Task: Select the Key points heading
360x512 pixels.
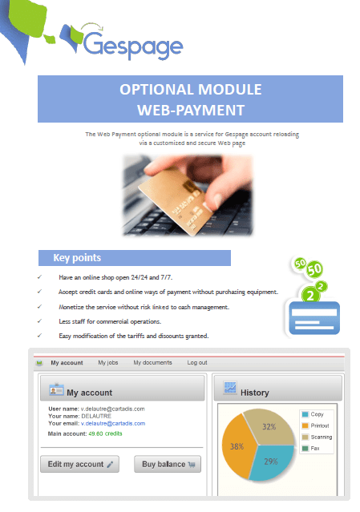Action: pyautogui.click(x=77, y=258)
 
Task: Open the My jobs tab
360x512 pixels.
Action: pyautogui.click(x=107, y=363)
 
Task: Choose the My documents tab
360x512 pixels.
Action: pyautogui.click(x=152, y=363)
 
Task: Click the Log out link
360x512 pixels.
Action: pyautogui.click(x=197, y=363)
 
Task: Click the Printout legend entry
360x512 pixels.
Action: pyautogui.click(x=317, y=425)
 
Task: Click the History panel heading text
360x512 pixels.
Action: pyautogui.click(x=255, y=393)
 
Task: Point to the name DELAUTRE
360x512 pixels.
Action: pyautogui.click(x=99, y=416)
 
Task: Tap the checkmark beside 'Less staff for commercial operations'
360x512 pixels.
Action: pyautogui.click(x=39, y=321)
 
